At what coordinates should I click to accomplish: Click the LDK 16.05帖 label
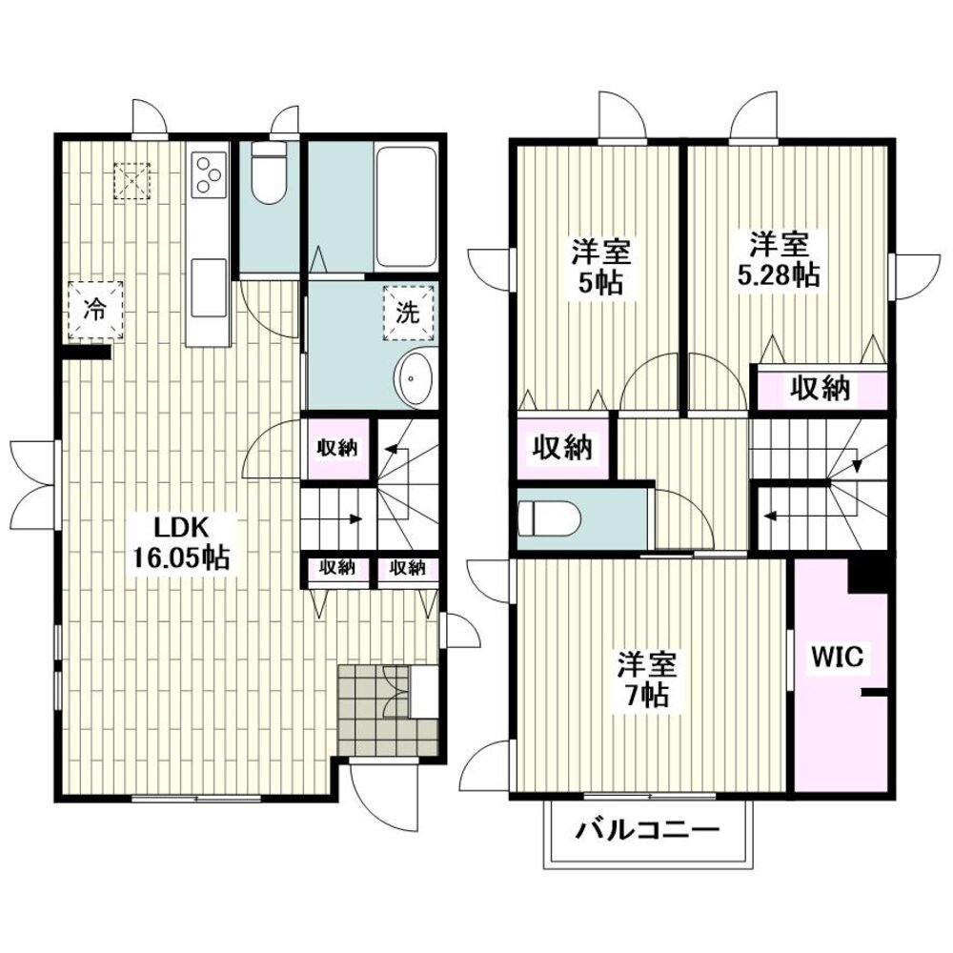pyautogui.click(x=181, y=541)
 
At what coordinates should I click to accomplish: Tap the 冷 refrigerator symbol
pyautogui.click(x=95, y=310)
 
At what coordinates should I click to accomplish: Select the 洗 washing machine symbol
pyautogui.click(x=409, y=313)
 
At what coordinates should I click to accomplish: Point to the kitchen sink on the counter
pyautogui.click(x=209, y=288)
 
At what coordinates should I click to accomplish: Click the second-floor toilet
pyautogui.click(x=550, y=518)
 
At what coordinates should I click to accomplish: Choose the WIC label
pyautogui.click(x=838, y=657)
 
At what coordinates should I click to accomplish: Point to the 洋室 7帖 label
pyautogui.click(x=647, y=679)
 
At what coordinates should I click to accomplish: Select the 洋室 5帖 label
pyautogui.click(x=600, y=266)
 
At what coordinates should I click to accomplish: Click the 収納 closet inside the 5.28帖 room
pyautogui.click(x=820, y=388)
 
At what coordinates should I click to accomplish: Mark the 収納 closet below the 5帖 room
pyautogui.click(x=562, y=447)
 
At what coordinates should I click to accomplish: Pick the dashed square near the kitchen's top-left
pyautogui.click(x=132, y=181)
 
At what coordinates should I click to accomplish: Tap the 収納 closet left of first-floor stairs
pyautogui.click(x=337, y=449)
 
